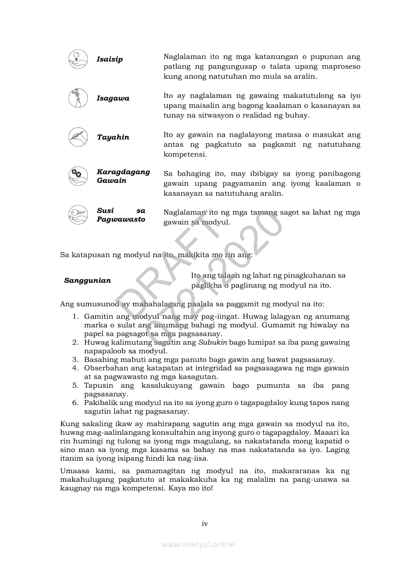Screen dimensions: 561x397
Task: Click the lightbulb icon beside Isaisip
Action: tap(78, 59)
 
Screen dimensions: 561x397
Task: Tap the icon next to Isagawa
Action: tap(78, 98)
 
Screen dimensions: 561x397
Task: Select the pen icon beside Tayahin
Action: tap(78, 137)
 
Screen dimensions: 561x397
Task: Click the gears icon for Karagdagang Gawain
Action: tap(78, 176)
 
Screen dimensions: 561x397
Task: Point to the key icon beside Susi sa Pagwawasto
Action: tap(78, 215)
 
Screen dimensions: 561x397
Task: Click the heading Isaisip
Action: tap(110, 60)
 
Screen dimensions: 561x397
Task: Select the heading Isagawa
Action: tap(113, 98)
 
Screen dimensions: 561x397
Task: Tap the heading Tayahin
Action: tap(113, 137)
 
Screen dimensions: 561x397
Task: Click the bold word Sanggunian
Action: tap(87, 281)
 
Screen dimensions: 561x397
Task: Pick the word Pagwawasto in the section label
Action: tap(121, 219)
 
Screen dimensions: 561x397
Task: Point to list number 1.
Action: tap(75, 317)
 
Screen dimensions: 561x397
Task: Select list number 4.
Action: tap(75, 368)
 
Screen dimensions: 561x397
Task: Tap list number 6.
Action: tap(75, 403)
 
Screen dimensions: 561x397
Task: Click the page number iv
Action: tap(205, 524)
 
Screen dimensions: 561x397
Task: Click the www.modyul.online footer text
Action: tap(198, 545)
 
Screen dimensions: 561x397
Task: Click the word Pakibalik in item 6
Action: tap(99, 403)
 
